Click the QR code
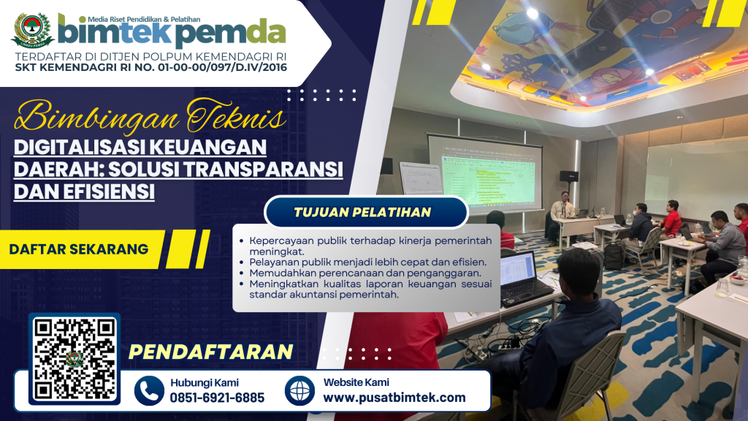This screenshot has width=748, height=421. point(75,359)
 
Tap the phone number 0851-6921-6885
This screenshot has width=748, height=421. point(217,398)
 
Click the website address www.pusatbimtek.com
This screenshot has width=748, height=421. point(394,397)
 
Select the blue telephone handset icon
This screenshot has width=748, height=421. point(149,390)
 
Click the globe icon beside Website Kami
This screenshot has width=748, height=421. point(299,390)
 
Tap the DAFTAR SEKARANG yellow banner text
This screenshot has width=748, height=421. point(79,249)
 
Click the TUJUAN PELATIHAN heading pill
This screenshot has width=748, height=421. point(366,212)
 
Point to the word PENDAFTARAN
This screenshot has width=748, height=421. point(210,352)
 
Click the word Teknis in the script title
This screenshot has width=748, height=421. point(236,116)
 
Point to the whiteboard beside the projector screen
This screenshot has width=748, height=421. point(421,179)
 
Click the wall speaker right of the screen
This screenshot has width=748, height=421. point(568,175)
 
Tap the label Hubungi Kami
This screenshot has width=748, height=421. point(205,383)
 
